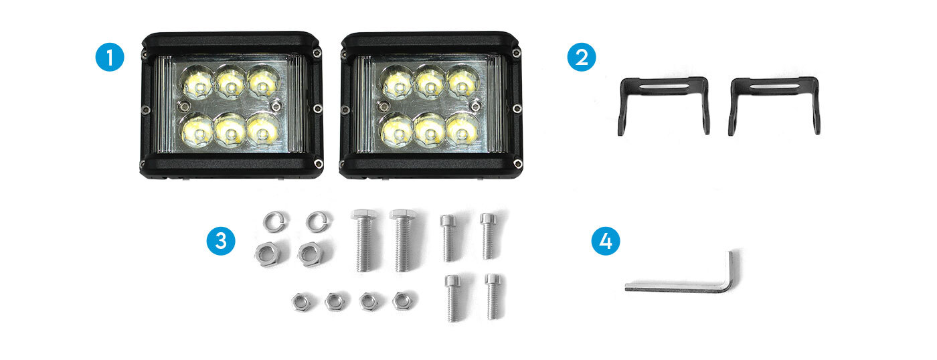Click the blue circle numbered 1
[110, 58]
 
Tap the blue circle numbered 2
[582, 57]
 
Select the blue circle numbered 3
[221, 241]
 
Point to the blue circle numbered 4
[606, 241]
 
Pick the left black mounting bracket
[664, 86]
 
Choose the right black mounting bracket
[774, 86]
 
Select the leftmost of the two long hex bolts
[364, 240]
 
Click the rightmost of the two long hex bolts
[402, 240]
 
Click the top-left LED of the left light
[198, 84]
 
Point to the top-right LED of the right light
[462, 84]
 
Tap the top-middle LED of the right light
[430, 84]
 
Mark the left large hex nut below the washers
[267, 254]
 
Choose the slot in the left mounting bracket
[664, 86]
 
